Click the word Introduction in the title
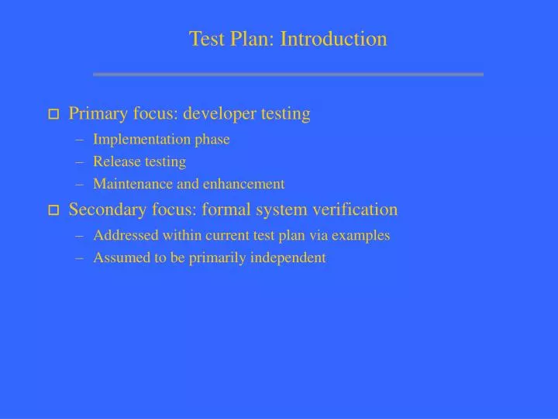coord(333,39)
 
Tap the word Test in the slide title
coord(205,39)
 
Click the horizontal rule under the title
coord(288,74)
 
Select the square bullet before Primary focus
coord(53,115)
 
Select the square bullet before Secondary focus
coord(53,210)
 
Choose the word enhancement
coord(247,184)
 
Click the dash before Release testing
coord(81,162)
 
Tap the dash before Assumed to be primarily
coord(81,258)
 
